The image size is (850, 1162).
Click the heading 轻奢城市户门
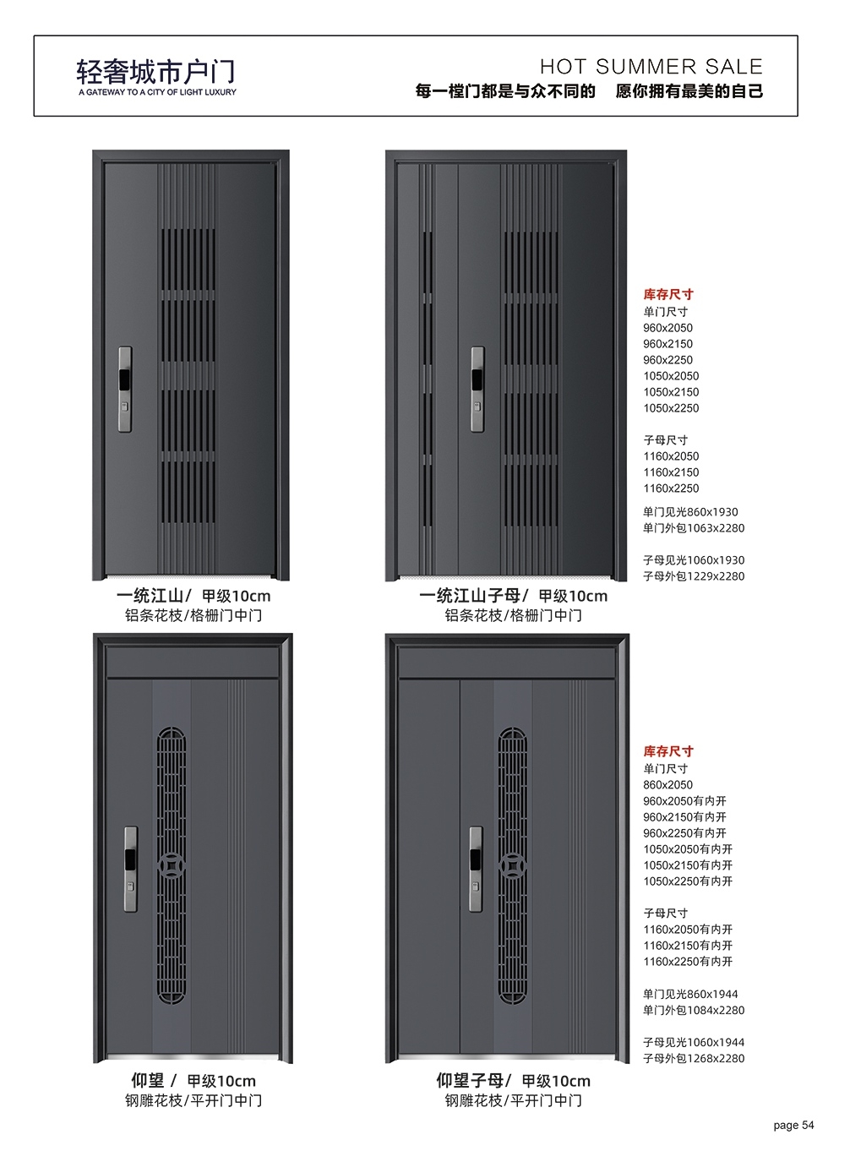155,72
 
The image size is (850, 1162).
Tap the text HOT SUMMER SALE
651,67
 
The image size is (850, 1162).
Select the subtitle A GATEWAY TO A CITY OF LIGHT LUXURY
158,92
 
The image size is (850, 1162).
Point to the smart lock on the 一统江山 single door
124,389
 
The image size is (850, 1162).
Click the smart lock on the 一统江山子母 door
477,389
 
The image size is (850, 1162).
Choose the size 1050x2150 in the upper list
671,392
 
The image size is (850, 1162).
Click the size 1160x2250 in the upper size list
671,488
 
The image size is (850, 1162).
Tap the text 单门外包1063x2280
694,528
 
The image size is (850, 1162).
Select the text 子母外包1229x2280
694,576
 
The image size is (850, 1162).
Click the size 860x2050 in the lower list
668,785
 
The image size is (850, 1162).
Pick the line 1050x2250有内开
688,881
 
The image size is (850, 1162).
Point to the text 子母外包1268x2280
694,1059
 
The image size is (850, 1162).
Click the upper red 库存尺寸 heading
668,295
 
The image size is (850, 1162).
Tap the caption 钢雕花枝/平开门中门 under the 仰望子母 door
514,1101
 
